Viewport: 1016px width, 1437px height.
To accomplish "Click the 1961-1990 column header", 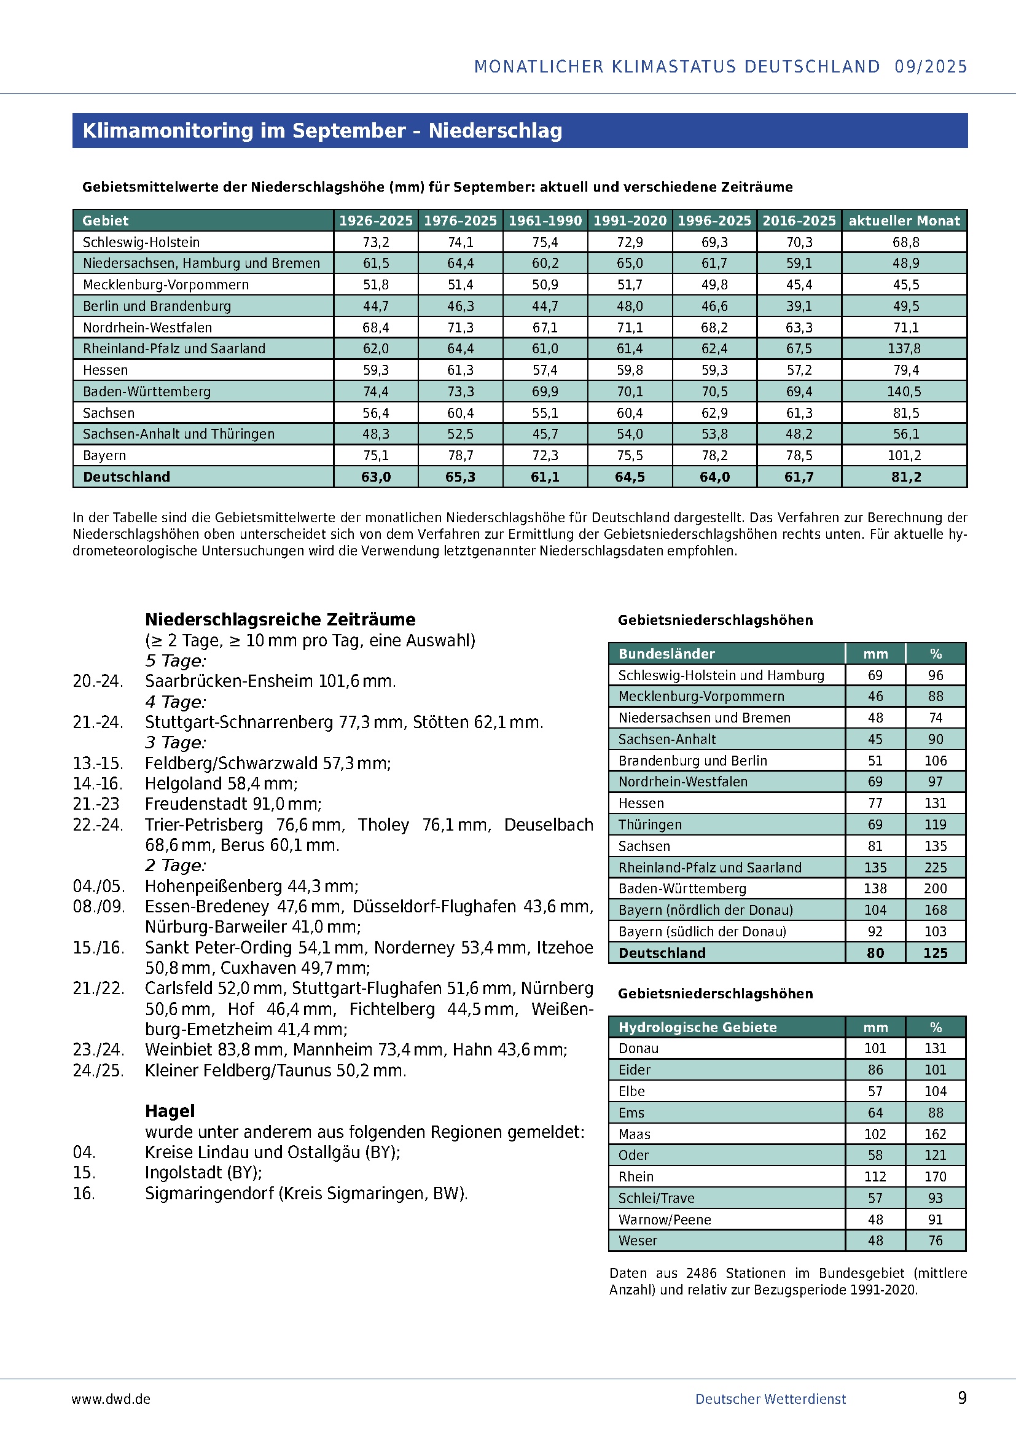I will pos(545,221).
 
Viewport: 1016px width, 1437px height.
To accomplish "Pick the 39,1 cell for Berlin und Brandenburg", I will pos(799,306).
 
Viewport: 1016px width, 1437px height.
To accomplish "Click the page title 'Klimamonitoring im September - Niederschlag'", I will pos(322,131).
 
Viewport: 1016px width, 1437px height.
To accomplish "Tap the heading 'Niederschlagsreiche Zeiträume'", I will pos(280,620).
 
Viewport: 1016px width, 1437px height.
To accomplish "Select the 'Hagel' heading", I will pos(170,1111).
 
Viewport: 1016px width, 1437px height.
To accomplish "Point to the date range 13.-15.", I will pos(98,764).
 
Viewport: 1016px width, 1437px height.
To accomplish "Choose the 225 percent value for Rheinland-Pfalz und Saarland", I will pos(936,867).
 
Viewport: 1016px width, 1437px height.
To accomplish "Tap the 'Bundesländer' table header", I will pos(666,654).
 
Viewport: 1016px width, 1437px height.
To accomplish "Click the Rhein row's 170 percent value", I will pos(936,1177).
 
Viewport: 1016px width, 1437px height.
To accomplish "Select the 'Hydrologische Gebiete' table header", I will pos(698,1027).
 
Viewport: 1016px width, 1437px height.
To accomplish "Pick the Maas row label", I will pos(635,1134).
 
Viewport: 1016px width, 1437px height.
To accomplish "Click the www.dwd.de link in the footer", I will pos(111,1399).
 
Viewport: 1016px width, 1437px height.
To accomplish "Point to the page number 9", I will pos(962,1398).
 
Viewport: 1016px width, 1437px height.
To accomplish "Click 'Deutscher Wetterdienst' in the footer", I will pos(770,1399).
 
